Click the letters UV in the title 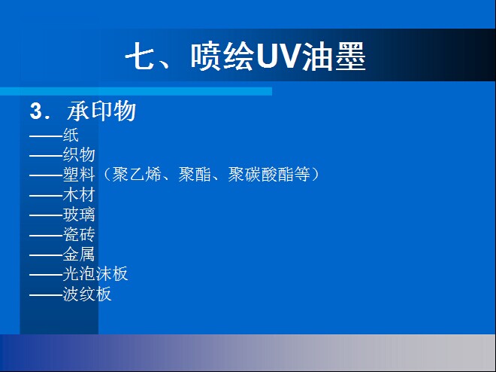(x=278, y=57)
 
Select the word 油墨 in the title (x=334, y=57)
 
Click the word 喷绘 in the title (x=222, y=57)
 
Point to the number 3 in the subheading (x=36, y=111)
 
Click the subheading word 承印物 (x=101, y=111)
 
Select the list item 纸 (x=71, y=136)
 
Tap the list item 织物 (x=79, y=155)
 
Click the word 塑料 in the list (x=79, y=175)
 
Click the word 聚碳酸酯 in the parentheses (x=261, y=175)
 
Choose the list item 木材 (x=79, y=194)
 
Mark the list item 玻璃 (x=79, y=215)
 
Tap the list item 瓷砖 (x=79, y=234)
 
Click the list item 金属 (x=79, y=254)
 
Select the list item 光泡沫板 (x=95, y=274)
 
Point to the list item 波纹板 (x=87, y=294)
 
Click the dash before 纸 (x=46, y=136)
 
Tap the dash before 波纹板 (x=46, y=295)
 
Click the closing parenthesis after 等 (x=315, y=175)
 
